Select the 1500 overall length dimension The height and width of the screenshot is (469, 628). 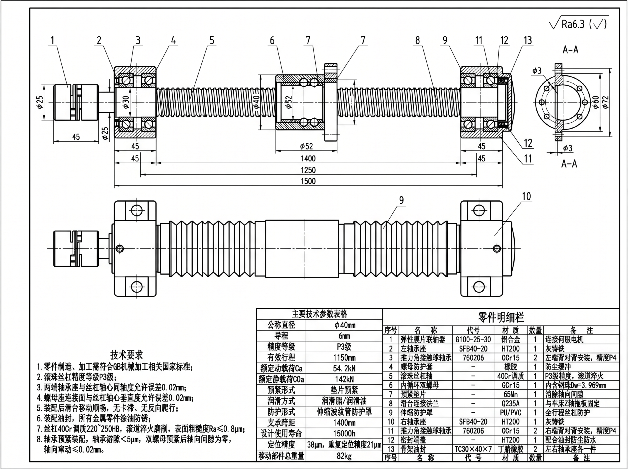pyautogui.click(x=308, y=181)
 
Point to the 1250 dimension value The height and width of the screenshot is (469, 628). pyautogui.click(x=308, y=170)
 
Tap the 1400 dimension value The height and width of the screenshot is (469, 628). pyautogui.click(x=308, y=158)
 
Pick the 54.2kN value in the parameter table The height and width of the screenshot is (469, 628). pyautogui.click(x=344, y=369)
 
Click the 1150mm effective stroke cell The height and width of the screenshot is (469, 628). pyautogui.click(x=344, y=358)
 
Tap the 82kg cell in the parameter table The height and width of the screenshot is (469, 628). pyautogui.click(x=344, y=456)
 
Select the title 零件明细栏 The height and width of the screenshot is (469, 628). pyautogui.click(x=501, y=317)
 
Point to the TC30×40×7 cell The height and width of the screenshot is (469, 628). pyautogui.click(x=473, y=449)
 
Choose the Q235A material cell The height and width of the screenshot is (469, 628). pyautogui.click(x=511, y=403)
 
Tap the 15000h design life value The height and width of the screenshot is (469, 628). pyautogui.click(x=344, y=434)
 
